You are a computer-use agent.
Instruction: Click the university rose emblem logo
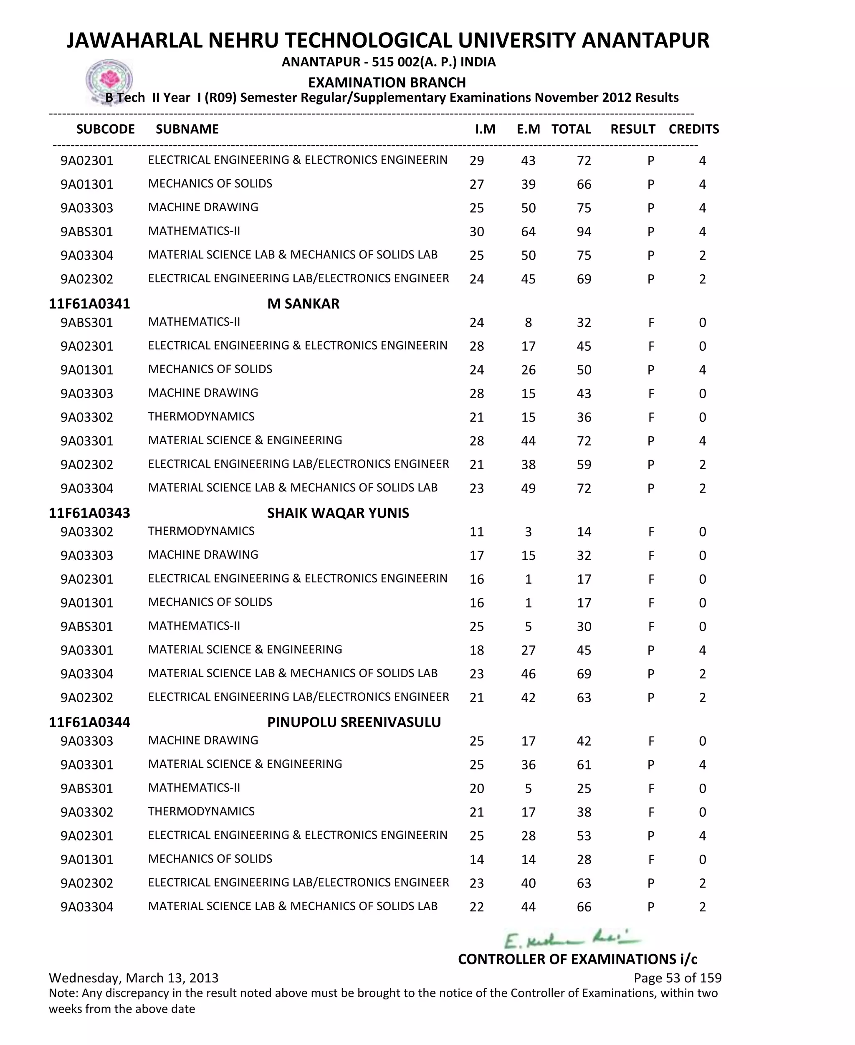click(109, 80)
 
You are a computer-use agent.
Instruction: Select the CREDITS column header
click(693, 129)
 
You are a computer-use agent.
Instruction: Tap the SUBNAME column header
click(187, 129)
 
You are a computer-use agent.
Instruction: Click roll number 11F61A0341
click(89, 304)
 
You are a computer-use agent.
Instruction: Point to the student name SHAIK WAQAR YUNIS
click(338, 513)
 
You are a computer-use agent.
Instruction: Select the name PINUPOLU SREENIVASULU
click(354, 722)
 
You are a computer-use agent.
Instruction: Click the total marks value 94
click(584, 232)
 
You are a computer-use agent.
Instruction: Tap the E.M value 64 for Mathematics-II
click(528, 232)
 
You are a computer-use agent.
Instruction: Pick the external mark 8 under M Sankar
click(528, 323)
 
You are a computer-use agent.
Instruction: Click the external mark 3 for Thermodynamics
click(528, 532)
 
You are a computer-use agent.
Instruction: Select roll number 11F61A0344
click(89, 722)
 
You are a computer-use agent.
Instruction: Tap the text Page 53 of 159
click(677, 978)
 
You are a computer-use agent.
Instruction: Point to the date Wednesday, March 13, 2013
click(134, 978)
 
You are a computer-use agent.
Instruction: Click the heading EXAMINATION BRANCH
click(387, 82)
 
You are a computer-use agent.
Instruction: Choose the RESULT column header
click(632, 129)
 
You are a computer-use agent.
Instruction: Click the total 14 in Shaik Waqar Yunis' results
click(584, 532)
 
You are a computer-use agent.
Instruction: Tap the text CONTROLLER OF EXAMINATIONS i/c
click(577, 959)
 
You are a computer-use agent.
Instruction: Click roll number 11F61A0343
click(89, 513)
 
